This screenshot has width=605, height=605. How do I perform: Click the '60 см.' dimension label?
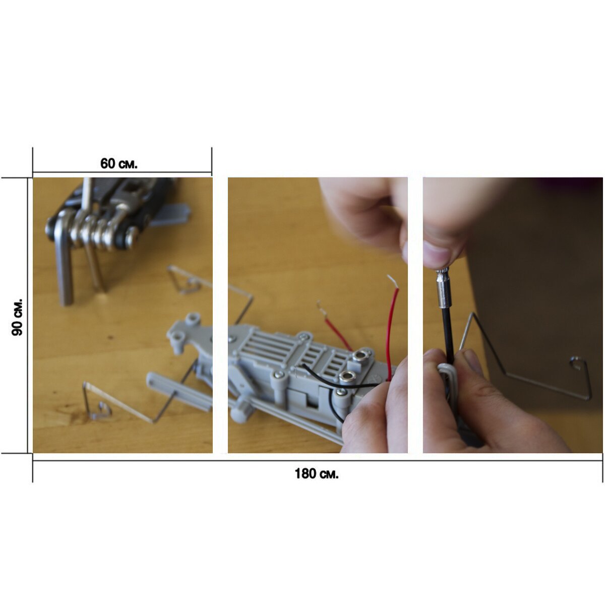click(x=118, y=163)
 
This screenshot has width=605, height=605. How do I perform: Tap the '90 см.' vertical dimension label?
click(x=17, y=317)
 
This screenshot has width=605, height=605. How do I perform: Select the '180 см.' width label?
click(x=317, y=473)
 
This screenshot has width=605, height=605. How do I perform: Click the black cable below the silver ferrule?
click(x=448, y=335)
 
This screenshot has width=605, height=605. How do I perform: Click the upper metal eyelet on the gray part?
click(x=361, y=356)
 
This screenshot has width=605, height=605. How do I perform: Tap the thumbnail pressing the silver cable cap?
click(x=437, y=252)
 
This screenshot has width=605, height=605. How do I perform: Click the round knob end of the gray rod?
click(x=239, y=414)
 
